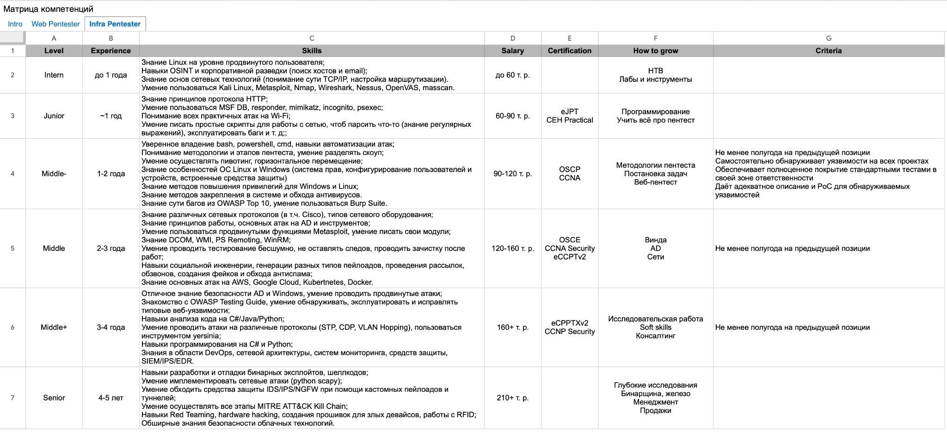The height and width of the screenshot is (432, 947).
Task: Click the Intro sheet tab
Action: (x=15, y=24)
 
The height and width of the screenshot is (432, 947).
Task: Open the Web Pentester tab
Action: (x=55, y=24)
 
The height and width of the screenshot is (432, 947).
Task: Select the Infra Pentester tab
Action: (x=115, y=24)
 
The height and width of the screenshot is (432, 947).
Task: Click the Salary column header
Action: (x=512, y=51)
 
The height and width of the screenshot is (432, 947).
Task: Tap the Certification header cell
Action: (x=569, y=51)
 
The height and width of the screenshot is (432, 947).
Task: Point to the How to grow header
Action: (x=655, y=51)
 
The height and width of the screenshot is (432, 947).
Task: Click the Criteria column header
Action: (x=828, y=51)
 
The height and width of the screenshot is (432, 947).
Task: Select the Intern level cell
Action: (x=54, y=75)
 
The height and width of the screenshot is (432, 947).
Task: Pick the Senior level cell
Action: (x=54, y=398)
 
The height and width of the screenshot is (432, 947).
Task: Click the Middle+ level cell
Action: (x=54, y=327)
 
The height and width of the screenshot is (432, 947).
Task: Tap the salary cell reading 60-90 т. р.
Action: (x=512, y=116)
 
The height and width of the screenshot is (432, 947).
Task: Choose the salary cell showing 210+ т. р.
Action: (x=512, y=398)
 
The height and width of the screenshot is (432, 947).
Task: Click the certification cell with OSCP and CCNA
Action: (x=569, y=173)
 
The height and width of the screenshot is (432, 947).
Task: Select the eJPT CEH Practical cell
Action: (x=569, y=116)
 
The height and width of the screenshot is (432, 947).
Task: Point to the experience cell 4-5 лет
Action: (x=111, y=398)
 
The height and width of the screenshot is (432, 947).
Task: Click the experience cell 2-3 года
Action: (x=111, y=248)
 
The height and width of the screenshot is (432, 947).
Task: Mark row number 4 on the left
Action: (x=12, y=173)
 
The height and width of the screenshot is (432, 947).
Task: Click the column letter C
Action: (x=312, y=38)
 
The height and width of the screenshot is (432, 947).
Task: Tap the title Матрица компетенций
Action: (x=48, y=9)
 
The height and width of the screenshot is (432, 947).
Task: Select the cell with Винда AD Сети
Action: (x=655, y=248)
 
